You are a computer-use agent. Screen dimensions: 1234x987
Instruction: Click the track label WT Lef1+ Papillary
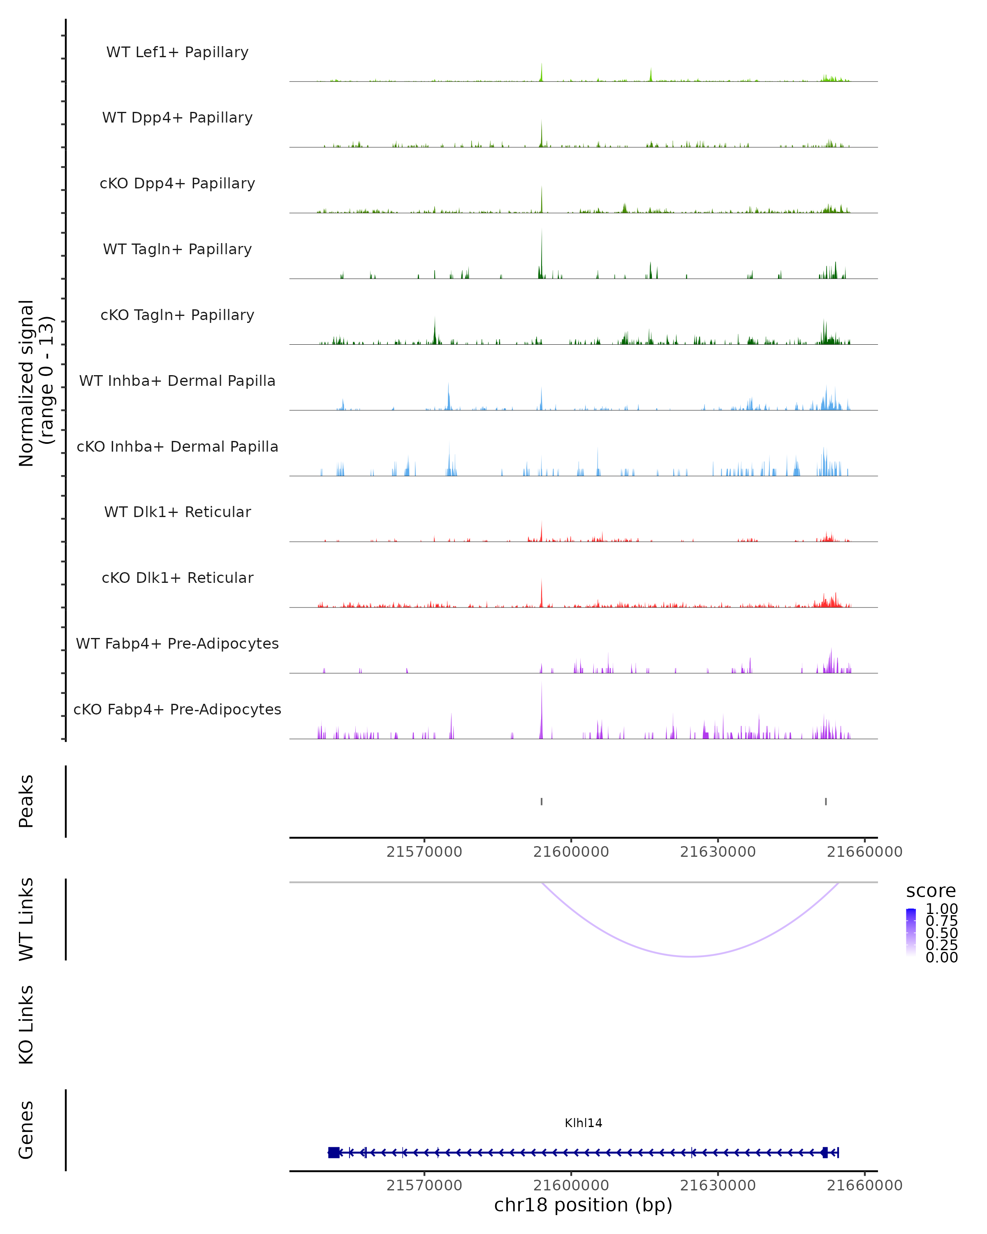[177, 52]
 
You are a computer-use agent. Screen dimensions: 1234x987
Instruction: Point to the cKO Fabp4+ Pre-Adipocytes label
[177, 709]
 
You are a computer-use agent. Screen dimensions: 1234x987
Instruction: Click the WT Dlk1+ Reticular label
[177, 512]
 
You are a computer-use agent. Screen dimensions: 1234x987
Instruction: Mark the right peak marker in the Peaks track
[826, 801]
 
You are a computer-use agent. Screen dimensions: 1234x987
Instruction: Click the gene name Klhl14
[583, 1123]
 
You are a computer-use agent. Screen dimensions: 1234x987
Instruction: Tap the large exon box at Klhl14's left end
[334, 1153]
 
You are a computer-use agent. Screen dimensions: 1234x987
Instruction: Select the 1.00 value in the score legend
[941, 909]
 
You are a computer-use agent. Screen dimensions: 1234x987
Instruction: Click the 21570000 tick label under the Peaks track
[424, 852]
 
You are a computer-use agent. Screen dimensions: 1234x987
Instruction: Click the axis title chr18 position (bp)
[583, 1205]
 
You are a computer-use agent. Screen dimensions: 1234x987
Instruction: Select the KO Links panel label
[26, 1025]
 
